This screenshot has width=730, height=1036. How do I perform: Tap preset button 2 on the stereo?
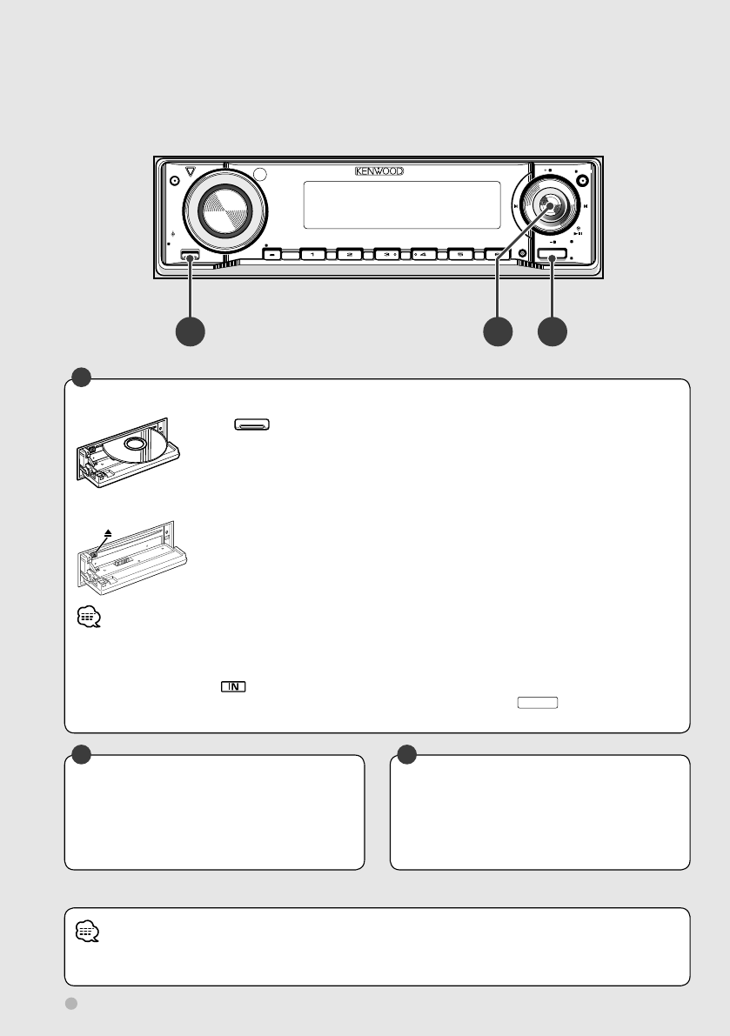pyautogui.click(x=349, y=255)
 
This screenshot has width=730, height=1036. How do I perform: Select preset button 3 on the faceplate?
pyautogui.click(x=386, y=255)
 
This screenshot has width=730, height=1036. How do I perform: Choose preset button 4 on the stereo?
pyautogui.click(x=424, y=255)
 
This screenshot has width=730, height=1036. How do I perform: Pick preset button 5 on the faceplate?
pyautogui.click(x=460, y=255)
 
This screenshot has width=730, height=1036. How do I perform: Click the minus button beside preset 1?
pyautogui.click(x=276, y=255)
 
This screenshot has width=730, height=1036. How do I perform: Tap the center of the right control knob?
pyautogui.click(x=548, y=206)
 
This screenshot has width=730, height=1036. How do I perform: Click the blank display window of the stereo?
pyautogui.click(x=401, y=204)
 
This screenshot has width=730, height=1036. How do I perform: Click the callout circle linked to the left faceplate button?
pyautogui.click(x=191, y=331)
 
